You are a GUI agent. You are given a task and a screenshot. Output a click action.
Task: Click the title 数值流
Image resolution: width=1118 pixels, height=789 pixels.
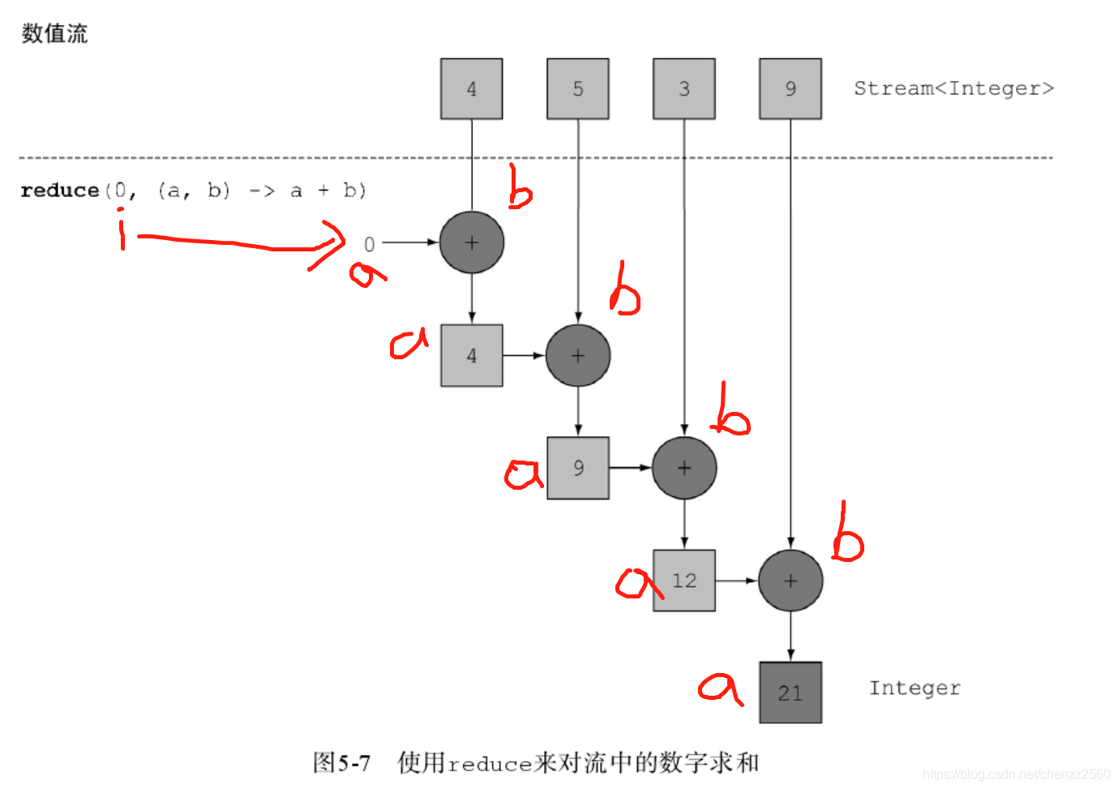(x=54, y=33)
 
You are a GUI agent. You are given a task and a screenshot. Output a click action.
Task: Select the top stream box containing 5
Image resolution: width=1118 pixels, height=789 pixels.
(x=577, y=89)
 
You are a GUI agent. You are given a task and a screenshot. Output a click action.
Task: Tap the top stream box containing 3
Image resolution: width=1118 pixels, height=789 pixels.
(x=683, y=89)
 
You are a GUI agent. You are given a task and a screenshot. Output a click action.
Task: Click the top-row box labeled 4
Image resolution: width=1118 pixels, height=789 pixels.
(x=471, y=89)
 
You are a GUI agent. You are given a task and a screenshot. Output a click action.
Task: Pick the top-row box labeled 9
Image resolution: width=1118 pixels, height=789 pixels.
(x=790, y=89)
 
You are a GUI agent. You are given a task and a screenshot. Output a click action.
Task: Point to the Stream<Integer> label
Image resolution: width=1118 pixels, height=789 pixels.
(x=953, y=88)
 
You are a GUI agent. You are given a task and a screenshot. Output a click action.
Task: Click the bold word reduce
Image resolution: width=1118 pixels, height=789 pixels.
(x=59, y=191)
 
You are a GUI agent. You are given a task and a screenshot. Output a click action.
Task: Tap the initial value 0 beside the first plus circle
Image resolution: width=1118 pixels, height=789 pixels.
(x=369, y=244)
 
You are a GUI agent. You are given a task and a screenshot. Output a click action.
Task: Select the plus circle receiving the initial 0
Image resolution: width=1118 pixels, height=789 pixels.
(x=471, y=242)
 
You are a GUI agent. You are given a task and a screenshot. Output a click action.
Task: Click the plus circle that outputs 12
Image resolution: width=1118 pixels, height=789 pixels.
(x=683, y=468)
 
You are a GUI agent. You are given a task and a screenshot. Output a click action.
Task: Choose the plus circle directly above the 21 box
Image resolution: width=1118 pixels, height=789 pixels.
(x=790, y=581)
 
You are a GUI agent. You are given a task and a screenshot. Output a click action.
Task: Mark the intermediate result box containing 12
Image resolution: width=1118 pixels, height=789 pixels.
(x=683, y=581)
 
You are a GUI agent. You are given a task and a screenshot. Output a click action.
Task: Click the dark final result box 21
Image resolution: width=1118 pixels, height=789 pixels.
(x=790, y=693)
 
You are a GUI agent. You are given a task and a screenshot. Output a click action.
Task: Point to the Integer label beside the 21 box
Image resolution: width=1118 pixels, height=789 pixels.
(x=915, y=688)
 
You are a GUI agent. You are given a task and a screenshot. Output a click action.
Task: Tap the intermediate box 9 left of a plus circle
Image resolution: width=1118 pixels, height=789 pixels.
(x=577, y=468)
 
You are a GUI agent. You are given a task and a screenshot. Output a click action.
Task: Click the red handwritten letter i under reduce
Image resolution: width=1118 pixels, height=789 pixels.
(x=122, y=230)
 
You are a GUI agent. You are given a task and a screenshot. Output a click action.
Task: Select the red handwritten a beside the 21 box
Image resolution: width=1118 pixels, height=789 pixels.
(x=720, y=688)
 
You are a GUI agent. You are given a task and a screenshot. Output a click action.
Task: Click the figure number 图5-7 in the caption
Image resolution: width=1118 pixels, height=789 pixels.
(x=341, y=763)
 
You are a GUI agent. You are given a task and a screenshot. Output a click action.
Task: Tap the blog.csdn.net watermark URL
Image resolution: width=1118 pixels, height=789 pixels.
(x=1016, y=774)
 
